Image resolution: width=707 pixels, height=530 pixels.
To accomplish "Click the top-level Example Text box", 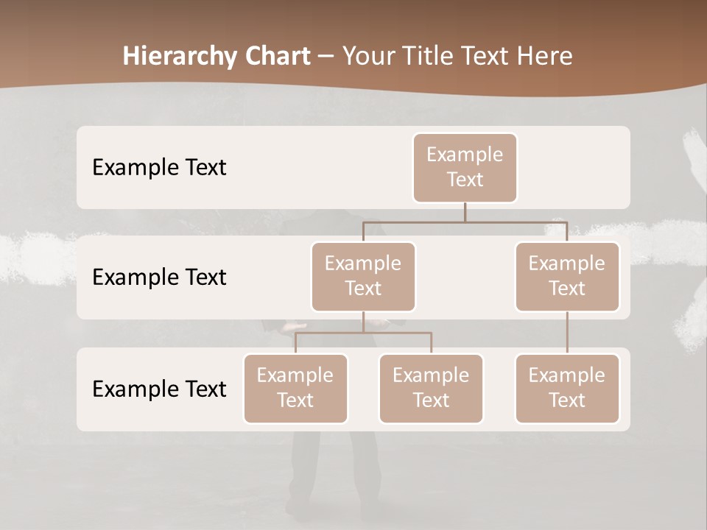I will pyautogui.click(x=465, y=167).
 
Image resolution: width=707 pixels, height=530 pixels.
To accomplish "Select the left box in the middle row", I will pyautogui.click(x=363, y=276).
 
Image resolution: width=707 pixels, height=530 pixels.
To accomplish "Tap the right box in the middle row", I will pyautogui.click(x=567, y=276).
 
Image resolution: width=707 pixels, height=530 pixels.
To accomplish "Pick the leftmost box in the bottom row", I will pyautogui.click(x=295, y=388).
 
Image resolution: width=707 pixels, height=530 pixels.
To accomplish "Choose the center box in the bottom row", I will pyautogui.click(x=431, y=388).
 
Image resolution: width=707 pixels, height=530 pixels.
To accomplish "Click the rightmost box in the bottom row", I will pyautogui.click(x=567, y=388).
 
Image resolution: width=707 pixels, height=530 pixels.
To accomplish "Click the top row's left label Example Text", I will pyautogui.click(x=159, y=167).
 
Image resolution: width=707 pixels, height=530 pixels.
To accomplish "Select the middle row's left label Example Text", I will pyautogui.click(x=159, y=277).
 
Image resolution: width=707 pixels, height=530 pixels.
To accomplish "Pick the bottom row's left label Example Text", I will pyautogui.click(x=159, y=389).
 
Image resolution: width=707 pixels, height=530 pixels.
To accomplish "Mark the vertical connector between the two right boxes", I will pyautogui.click(x=567, y=333).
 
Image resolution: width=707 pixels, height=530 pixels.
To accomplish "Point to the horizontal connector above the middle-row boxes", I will pyautogui.click(x=465, y=221).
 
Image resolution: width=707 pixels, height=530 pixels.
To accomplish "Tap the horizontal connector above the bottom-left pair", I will pyautogui.click(x=363, y=333).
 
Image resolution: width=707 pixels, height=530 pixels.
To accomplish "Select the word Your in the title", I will pyautogui.click(x=367, y=56).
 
